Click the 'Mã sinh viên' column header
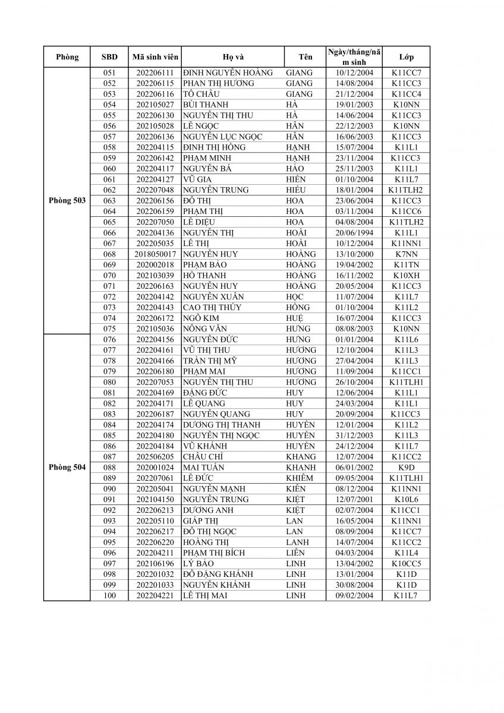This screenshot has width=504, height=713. pos(155,57)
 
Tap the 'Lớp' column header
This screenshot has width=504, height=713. pos(407,57)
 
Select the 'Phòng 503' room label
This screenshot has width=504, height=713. pos(67,201)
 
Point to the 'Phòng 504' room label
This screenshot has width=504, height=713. pos(67,467)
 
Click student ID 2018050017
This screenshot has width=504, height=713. pos(155,254)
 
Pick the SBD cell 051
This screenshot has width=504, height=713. pos(109,72)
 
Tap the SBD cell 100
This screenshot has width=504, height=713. pos(109,595)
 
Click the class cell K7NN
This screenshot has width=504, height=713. pos(407,254)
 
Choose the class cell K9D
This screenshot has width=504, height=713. pos(407,467)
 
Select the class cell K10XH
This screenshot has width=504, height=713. pos(407,275)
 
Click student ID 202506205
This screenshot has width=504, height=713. pos(155,456)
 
